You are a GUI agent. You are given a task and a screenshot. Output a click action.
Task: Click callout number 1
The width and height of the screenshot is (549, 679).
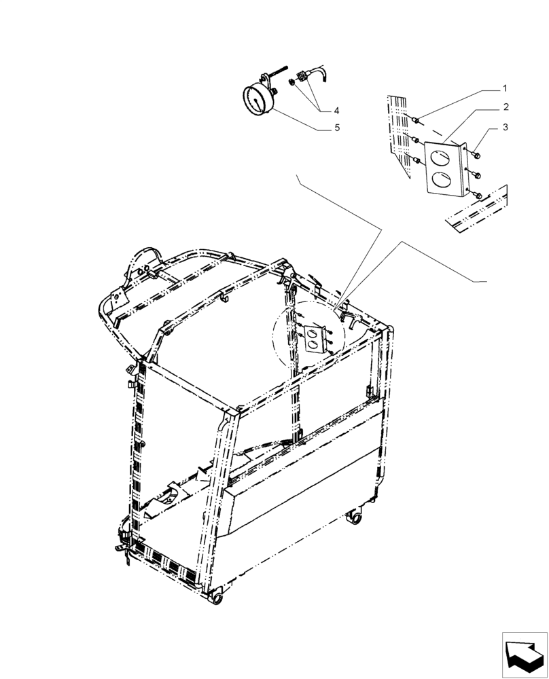(x=505, y=88)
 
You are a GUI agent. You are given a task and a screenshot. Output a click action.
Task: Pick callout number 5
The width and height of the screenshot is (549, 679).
(x=336, y=127)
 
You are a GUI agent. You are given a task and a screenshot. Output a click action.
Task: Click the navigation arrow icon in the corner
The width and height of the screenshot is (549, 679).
(x=524, y=655)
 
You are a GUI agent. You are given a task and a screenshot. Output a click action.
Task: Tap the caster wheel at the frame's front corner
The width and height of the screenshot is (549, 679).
(x=217, y=598)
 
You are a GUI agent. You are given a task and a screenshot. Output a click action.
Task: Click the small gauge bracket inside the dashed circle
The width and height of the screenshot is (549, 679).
(x=314, y=339)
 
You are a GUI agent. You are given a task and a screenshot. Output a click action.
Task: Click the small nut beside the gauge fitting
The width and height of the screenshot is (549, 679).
(x=291, y=82)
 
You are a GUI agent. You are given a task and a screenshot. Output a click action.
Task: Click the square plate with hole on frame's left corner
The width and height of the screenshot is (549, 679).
(x=116, y=297)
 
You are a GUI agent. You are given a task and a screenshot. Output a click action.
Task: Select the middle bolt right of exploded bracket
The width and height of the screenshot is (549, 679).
(x=477, y=175)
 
